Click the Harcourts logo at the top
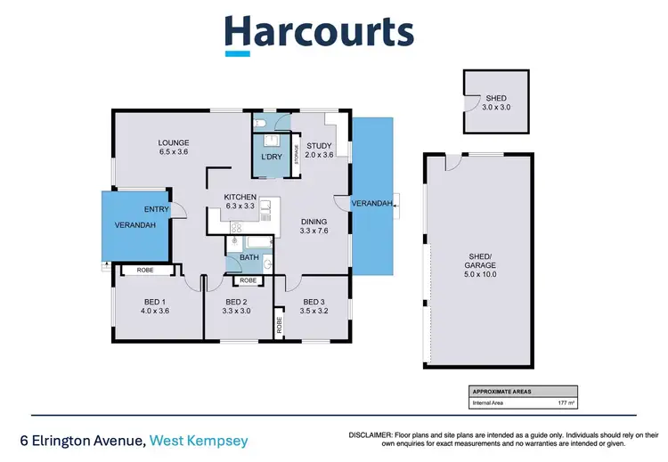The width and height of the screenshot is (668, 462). coord(318,33)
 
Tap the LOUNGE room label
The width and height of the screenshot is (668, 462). coord(174,142)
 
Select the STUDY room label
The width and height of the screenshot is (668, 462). coord(319,145)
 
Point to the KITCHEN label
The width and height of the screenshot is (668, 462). coord(240,197)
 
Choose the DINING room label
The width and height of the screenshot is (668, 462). coord(314,222)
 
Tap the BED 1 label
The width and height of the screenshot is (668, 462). coord(156,301)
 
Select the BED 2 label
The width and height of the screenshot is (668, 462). coord(235,301)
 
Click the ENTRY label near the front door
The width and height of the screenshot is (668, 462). coord(157,209)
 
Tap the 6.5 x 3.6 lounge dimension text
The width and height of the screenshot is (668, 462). coord(174,152)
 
